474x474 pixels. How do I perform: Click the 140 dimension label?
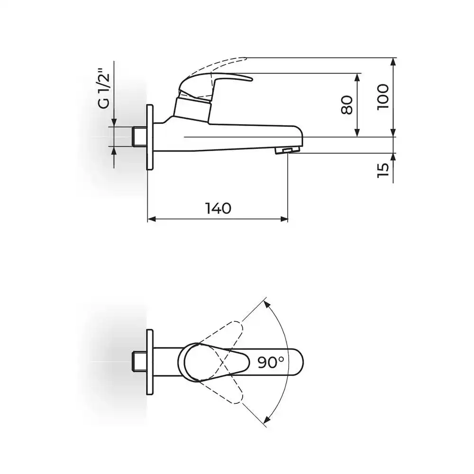(218, 208)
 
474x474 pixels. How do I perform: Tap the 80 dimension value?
(347, 105)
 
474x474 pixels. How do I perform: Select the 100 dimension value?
(383, 97)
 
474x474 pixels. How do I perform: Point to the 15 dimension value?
(383, 170)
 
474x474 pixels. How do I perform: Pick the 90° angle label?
(271, 362)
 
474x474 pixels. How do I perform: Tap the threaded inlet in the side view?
(140, 137)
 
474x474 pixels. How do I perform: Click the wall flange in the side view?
(151, 137)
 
